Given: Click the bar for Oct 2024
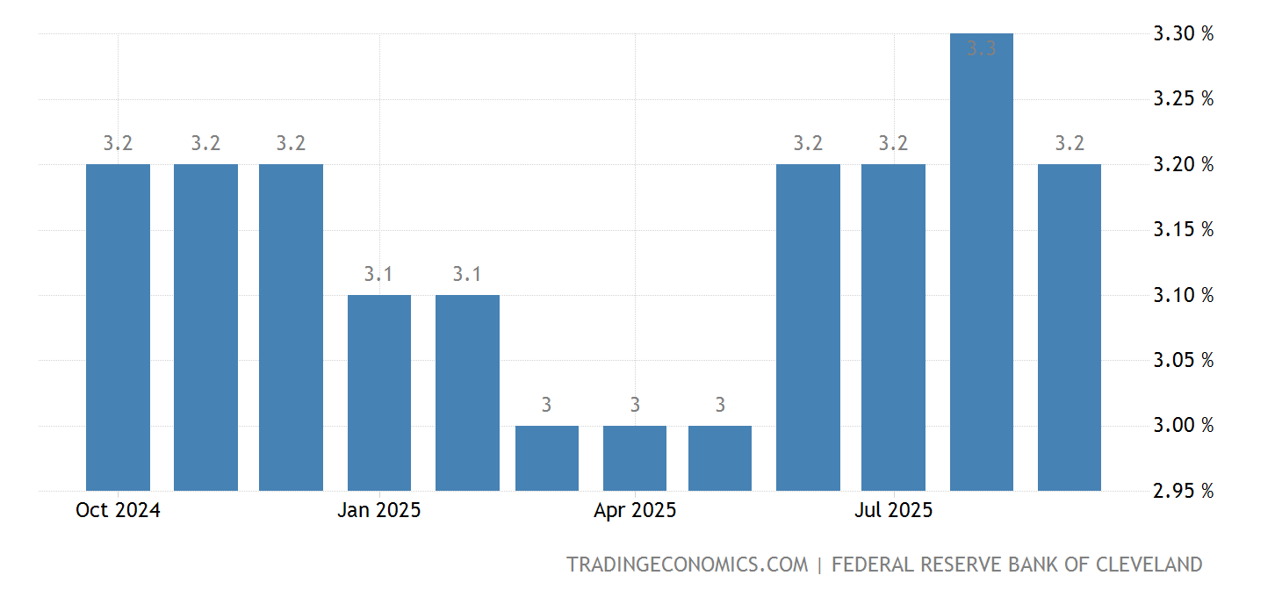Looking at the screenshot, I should [118, 327].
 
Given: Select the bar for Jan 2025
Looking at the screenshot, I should [379, 392].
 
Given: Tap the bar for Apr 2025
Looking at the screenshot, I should [635, 457].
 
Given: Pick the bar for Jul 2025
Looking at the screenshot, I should [893, 327].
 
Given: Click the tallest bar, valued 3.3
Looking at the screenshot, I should [982, 262].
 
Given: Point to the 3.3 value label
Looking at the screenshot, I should [982, 49].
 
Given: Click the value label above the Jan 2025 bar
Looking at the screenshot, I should [379, 274].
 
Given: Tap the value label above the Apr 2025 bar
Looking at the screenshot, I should [635, 405].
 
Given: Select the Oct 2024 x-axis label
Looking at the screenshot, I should [118, 510].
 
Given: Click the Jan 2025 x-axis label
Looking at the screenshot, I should [379, 510].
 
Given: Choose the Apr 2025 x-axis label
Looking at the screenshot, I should [635, 510].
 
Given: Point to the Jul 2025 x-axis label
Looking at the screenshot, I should [893, 510].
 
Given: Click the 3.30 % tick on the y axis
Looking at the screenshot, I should [1183, 34].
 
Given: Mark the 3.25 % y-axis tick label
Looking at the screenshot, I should [1183, 98].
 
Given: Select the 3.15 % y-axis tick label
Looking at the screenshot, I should [1183, 229].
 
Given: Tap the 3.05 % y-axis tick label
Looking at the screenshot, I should [1183, 360].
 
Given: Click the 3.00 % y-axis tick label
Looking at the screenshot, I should [1183, 425].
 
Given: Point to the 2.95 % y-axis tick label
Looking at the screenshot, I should [1183, 491].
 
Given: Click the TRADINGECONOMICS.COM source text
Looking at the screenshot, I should [687, 565].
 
